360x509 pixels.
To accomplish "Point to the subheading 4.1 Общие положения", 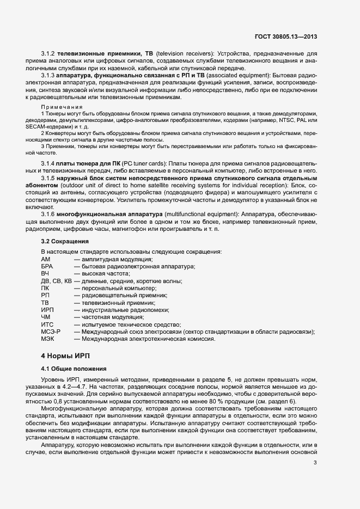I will pos(70,369).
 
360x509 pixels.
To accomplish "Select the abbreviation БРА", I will pos(47,266).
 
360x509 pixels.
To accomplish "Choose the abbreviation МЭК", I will pos(47,338).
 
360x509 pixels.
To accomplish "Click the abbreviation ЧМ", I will pos(46,316).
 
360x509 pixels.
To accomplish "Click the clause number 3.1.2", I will pos(50,54).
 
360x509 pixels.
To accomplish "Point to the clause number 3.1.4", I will pos(50,164).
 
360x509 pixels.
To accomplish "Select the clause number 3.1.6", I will pos(50,214).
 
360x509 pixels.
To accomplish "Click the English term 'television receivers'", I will pos(184,54).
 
